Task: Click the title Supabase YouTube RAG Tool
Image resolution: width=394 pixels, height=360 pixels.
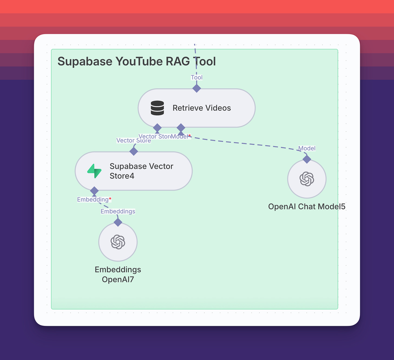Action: coord(137,61)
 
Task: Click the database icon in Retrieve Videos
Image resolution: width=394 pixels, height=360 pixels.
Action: coord(157,108)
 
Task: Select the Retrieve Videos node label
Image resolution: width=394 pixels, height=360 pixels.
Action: coord(202,108)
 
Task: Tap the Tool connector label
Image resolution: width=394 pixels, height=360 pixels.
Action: coord(196,77)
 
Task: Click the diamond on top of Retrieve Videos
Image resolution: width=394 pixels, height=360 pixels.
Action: coord(196,88)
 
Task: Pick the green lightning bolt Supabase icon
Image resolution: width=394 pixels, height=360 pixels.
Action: coord(94,171)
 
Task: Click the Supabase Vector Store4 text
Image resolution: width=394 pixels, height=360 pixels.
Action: coord(141,171)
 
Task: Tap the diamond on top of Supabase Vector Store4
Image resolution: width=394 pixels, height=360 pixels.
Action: coord(134,151)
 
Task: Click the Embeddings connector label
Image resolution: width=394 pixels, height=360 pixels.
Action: coord(118,211)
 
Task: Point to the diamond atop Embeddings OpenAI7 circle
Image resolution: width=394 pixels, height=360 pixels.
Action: coord(118,222)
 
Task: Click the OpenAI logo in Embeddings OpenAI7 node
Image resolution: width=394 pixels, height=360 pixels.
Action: coord(118,242)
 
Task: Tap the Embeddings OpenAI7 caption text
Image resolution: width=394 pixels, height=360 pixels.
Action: coord(118,274)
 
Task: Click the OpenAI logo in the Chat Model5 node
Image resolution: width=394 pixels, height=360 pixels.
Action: coord(307,179)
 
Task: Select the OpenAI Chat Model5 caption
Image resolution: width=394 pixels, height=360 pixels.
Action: coord(307,207)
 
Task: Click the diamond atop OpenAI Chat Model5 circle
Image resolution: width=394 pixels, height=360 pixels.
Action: coord(307,159)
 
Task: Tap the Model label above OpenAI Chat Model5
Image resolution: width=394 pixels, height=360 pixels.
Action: coord(307,148)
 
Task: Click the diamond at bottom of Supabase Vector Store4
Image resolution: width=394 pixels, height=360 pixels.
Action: coord(94,191)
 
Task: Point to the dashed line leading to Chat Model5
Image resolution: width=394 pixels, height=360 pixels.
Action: coord(244,143)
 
